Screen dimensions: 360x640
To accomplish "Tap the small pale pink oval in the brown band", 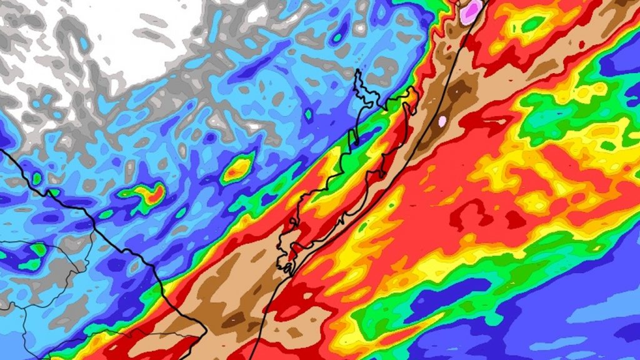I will tap(442, 120).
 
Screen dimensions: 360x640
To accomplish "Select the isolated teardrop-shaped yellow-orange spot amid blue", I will tap(237, 167).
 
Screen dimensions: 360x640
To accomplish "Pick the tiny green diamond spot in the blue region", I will tap(308, 114).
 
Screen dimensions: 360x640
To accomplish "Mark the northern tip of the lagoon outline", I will tap(359, 72).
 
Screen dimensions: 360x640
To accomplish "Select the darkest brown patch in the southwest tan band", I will tap(235, 319).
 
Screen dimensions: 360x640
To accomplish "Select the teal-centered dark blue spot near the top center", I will tap(337, 37).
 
